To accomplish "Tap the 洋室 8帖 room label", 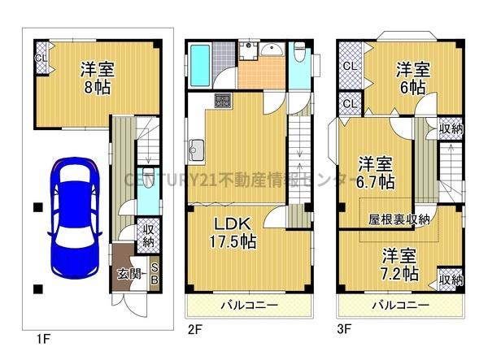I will coord(97,76).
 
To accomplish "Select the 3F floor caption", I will coord(346,329).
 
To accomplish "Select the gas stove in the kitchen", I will coord(222,102).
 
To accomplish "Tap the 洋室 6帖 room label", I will coord(412,76).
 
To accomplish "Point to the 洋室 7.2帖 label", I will coord(400,262).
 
